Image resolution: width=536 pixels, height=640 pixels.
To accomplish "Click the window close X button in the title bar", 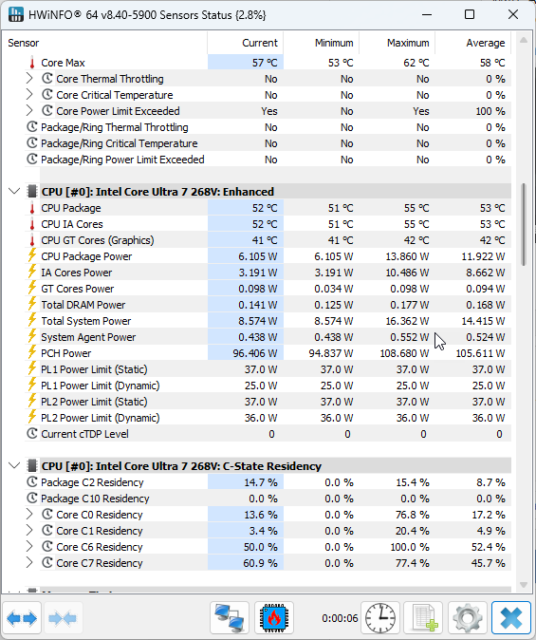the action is click(x=512, y=14).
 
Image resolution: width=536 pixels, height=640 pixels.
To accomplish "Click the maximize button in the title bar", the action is click(x=470, y=14).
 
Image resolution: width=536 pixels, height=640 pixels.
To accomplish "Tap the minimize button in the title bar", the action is click(x=427, y=15).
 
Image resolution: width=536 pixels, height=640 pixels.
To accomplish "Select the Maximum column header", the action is click(x=408, y=43).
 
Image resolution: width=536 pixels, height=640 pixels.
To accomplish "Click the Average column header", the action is click(x=486, y=43).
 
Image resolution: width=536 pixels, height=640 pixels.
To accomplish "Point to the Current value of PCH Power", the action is click(x=255, y=353).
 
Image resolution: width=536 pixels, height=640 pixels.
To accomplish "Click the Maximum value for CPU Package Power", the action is click(x=407, y=256).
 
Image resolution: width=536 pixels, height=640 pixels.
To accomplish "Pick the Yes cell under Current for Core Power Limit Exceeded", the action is click(x=269, y=111).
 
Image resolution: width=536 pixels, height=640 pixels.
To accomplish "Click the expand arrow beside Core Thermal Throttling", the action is click(x=29, y=79).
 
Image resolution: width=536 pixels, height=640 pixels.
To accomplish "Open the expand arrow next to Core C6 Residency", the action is click(x=29, y=547).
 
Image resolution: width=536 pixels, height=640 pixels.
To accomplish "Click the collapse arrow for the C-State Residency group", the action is click(x=14, y=465).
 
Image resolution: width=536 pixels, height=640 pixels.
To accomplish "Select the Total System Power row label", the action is click(x=86, y=321).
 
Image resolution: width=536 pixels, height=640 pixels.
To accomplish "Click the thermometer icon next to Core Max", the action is click(x=32, y=63).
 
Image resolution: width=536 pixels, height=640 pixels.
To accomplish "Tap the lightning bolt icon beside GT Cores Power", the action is click(x=32, y=288).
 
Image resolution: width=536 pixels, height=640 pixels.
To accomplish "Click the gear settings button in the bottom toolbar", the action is click(x=468, y=618).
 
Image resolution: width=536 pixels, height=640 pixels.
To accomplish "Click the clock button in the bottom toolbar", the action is click(x=380, y=618).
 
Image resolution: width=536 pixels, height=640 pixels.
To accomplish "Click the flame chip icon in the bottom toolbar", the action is click(x=274, y=618).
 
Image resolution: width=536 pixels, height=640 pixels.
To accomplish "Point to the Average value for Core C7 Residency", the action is click(x=489, y=563).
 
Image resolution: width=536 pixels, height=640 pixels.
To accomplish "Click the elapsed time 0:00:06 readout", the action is click(x=340, y=618).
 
